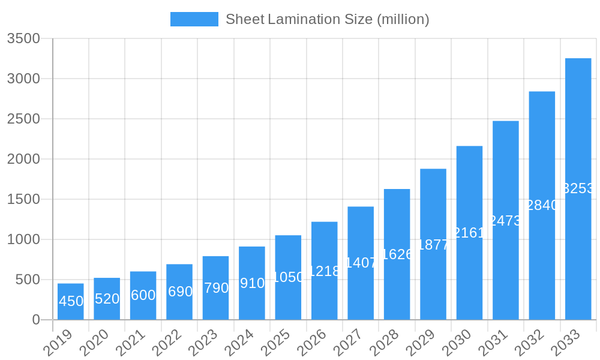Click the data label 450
[71, 301]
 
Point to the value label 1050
[288, 277]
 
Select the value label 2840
[542, 205]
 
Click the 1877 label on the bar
[433, 245]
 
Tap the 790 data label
[216, 288]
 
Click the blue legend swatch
[194, 19]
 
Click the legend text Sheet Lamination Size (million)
[327, 19]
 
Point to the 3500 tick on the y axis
[23, 38]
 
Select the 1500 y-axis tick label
[23, 199]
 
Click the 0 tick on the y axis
[35, 320]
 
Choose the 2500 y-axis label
[23, 119]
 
